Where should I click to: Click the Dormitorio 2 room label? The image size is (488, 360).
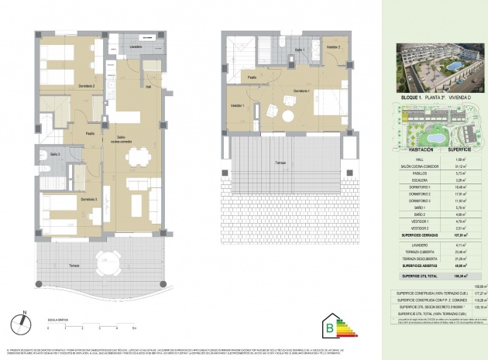65,86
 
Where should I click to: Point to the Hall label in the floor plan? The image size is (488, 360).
148,87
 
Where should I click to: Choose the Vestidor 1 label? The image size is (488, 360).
237,105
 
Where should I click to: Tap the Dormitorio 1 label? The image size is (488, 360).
301,92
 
